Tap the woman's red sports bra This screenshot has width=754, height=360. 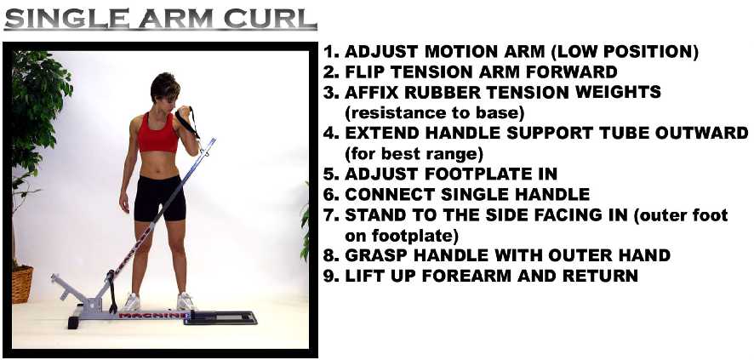click(x=157, y=133)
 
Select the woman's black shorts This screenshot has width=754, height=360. click(x=160, y=198)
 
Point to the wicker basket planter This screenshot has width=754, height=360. click(x=22, y=284)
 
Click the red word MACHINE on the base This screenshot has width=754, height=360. click(x=154, y=315)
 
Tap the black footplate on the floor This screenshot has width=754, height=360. click(x=220, y=317)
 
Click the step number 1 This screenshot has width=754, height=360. click(x=328, y=52)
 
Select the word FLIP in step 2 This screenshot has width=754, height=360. click(x=363, y=71)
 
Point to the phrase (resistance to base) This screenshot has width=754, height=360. click(x=435, y=113)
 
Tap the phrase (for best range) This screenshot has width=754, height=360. click(x=414, y=154)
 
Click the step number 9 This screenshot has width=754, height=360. click(x=328, y=276)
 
